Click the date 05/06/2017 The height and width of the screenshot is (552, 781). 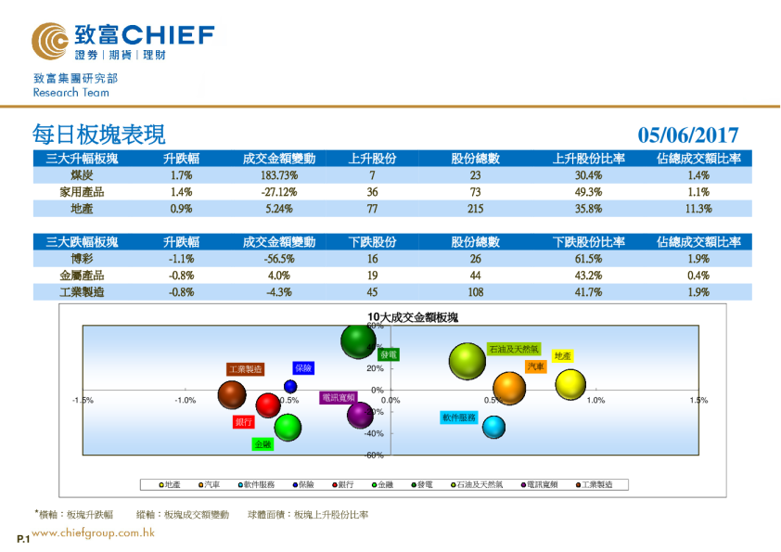(688, 135)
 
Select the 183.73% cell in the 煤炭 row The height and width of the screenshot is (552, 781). (278, 175)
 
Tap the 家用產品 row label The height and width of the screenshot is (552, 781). (82, 192)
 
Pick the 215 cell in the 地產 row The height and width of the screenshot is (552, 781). (475, 209)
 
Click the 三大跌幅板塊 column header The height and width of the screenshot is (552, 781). (82, 242)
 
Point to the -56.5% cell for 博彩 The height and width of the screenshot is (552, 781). (278, 259)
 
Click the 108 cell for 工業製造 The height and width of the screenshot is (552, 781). (475, 292)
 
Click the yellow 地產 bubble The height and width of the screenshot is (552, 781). (571, 384)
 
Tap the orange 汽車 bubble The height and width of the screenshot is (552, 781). (509, 389)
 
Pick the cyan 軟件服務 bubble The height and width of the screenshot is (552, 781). (493, 427)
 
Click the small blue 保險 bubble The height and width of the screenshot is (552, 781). (290, 386)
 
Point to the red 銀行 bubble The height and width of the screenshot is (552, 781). (268, 405)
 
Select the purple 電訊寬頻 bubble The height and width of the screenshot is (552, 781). (361, 415)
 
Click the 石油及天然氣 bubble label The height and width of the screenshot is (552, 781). (513, 349)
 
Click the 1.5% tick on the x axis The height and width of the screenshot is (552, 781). (698, 401)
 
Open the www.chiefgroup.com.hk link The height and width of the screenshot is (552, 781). (93, 533)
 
